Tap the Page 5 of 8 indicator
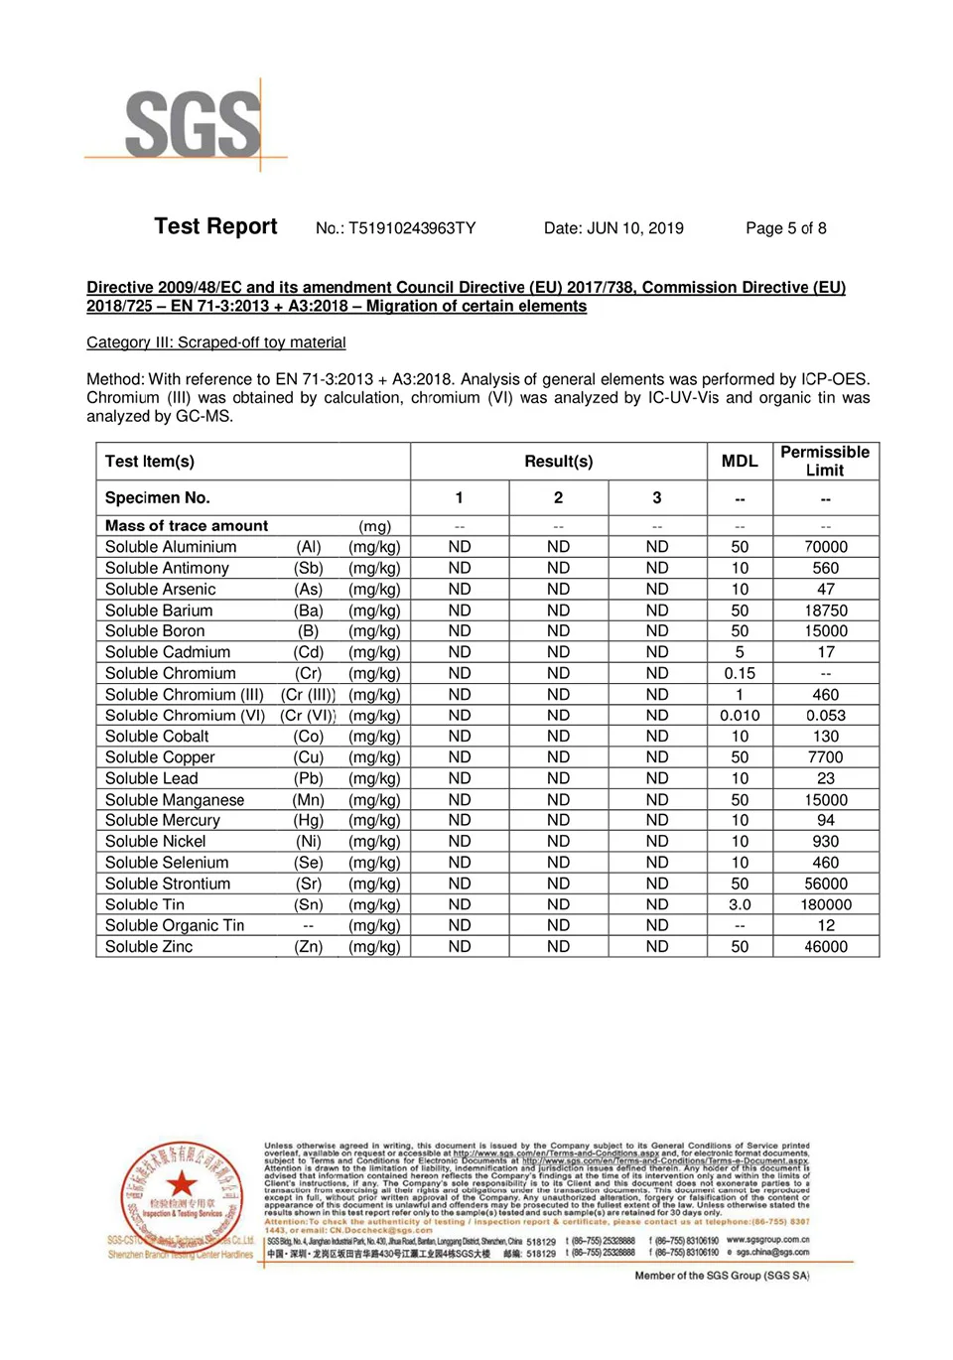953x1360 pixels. pos(785,228)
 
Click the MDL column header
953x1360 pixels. pos(740,462)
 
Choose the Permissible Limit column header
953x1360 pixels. pos(825,461)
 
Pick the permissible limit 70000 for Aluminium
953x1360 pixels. pos(826,547)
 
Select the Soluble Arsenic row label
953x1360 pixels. pos(161,590)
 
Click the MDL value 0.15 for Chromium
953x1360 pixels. pos(740,673)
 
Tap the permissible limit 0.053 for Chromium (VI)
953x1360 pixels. pos(826,716)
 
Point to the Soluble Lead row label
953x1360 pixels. pos(152,778)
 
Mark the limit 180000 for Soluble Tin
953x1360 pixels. pos(826,904)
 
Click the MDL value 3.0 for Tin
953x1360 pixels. pos(740,904)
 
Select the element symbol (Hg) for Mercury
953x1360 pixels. pos(309,821)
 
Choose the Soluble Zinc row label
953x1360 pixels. pos(149,947)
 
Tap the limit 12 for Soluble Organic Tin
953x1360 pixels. pos(826,926)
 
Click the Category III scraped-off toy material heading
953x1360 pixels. pos(216,342)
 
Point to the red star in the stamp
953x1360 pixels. pos(181,1182)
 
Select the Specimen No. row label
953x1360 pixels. pos(158,498)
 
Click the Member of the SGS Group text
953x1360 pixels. pos(722,1276)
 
